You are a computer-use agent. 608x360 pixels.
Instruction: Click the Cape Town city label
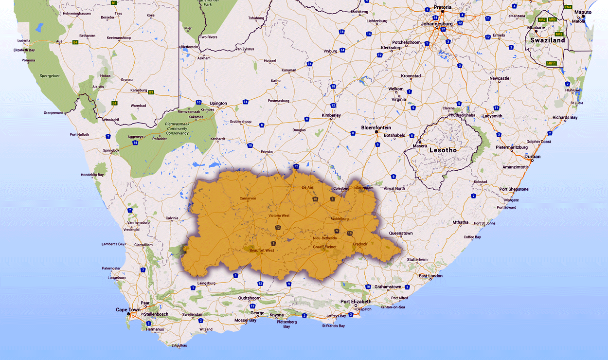point(128,310)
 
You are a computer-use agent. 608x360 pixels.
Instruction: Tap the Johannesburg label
point(437,23)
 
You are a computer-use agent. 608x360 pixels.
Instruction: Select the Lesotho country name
point(443,150)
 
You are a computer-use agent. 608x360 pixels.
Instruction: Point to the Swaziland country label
point(548,40)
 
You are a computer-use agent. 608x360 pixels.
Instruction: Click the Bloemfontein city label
point(376,127)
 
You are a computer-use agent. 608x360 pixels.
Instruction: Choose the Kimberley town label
point(331,115)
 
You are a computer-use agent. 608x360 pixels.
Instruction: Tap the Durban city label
point(533,157)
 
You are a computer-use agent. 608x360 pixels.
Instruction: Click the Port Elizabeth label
point(356,302)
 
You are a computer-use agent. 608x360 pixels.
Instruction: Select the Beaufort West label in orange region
point(261,251)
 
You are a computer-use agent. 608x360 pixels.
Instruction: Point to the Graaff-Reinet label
point(324,247)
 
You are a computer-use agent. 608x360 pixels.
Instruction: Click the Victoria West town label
point(279,216)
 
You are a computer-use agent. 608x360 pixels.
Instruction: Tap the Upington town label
point(218,104)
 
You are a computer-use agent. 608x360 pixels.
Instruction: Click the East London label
point(430,276)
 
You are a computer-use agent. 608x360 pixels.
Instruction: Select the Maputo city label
point(583,12)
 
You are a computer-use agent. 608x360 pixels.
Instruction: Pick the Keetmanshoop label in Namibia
point(120,37)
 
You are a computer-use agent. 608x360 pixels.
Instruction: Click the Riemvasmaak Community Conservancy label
point(177,129)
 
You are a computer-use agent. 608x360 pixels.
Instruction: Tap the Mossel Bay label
point(245,320)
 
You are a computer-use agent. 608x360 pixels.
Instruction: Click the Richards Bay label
point(565,117)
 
